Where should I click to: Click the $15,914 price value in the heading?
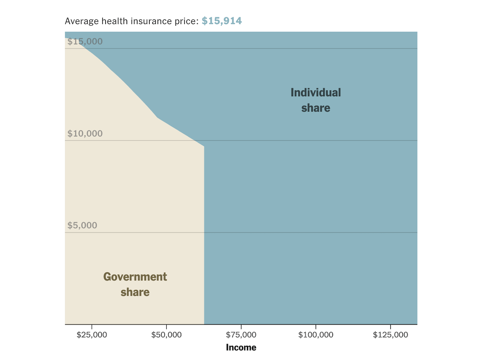coord(222,21)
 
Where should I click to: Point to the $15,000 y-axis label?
coord(85,41)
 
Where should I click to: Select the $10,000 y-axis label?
coord(85,134)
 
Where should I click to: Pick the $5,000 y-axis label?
coord(82,226)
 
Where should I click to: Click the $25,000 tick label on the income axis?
coord(92,335)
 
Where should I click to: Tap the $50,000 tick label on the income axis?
coord(167,335)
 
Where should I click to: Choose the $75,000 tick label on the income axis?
coord(241,335)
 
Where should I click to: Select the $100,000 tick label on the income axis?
coord(316,335)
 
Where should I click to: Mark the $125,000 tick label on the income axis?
coord(390,335)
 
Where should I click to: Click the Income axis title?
coord(241,348)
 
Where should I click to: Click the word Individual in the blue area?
coord(316,93)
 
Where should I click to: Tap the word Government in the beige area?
coord(135,277)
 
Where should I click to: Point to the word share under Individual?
coord(316,108)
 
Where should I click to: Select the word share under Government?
coord(135,292)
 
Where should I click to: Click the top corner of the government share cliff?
coord(204,147)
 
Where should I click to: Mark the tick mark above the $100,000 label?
coord(316,327)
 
